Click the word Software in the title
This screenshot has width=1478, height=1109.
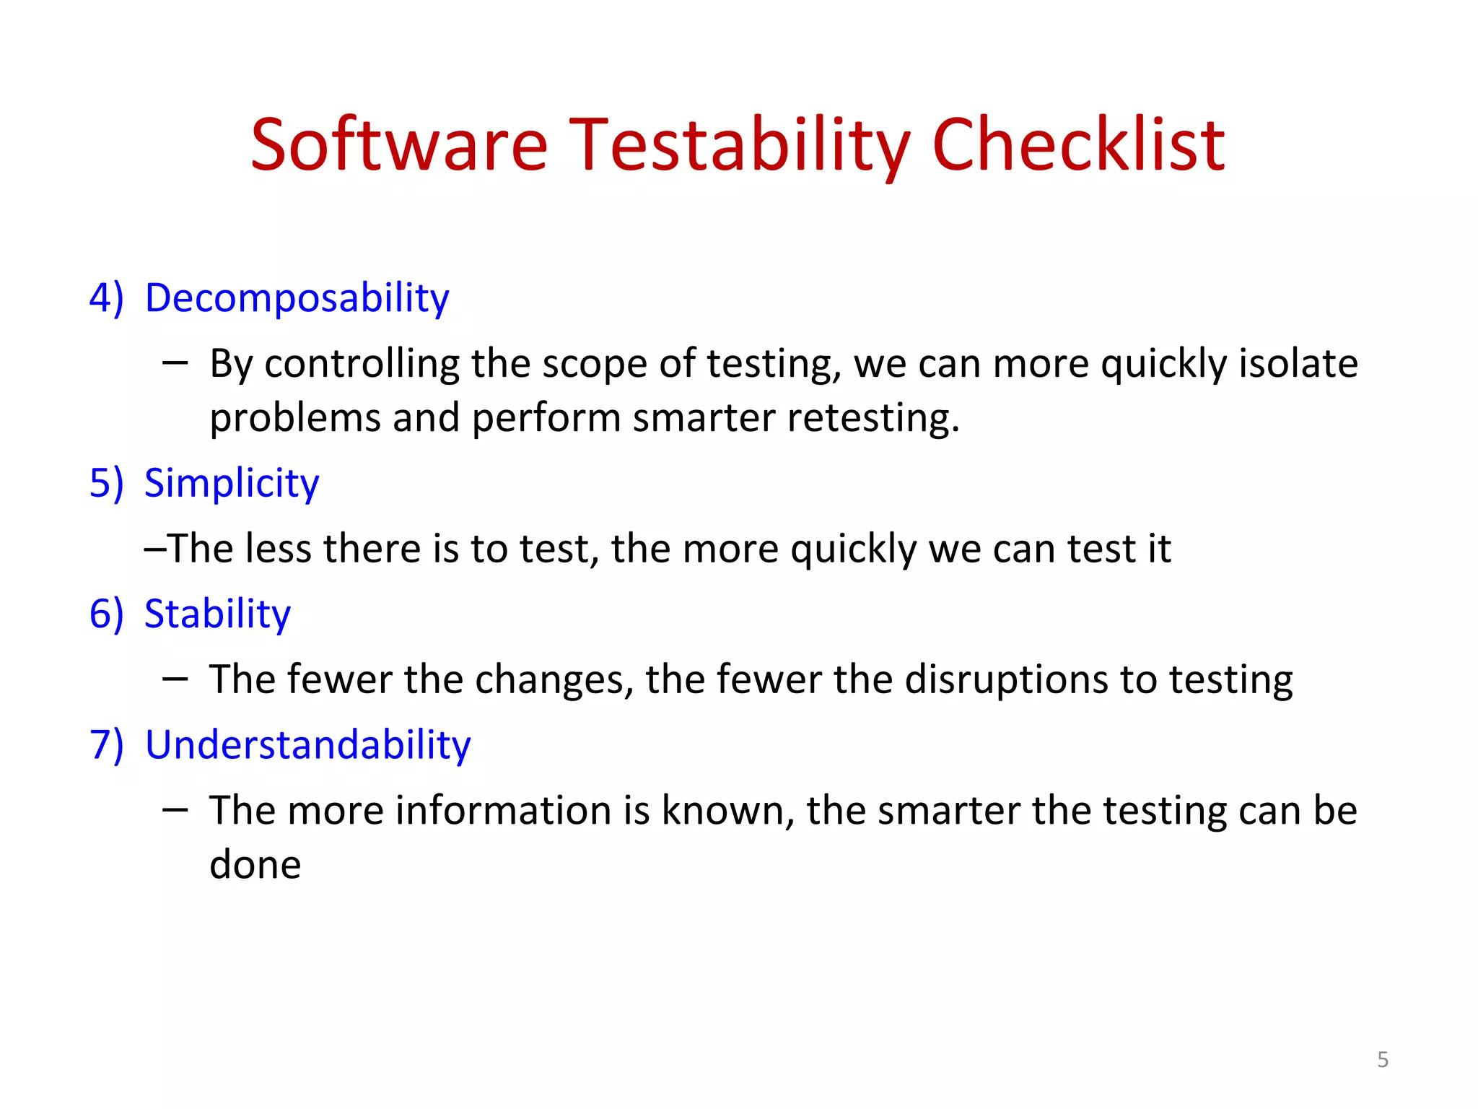pos(398,146)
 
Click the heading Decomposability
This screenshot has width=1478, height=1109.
pos(297,298)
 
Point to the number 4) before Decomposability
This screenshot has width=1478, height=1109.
pos(106,298)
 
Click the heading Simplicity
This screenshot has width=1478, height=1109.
pos(231,483)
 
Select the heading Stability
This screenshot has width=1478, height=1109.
pos(217,614)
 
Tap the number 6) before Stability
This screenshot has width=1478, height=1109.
pos(106,614)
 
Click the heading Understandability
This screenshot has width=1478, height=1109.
pos(307,744)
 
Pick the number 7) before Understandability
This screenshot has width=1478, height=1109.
pos(106,744)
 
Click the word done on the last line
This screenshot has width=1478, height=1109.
pos(255,865)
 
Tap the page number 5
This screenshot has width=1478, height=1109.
pos(1382,1060)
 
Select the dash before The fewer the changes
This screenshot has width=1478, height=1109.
pos(175,679)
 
